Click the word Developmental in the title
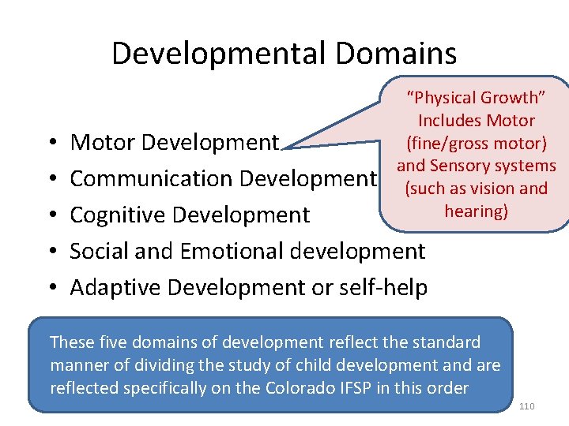tap(218, 54)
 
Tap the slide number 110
tap(527, 405)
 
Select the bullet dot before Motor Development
tap(51, 143)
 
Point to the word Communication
tap(151, 179)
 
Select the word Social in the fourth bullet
tap(97, 252)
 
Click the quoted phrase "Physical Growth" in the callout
tap(477, 98)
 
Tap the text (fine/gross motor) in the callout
tap(476, 144)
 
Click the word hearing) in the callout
tap(476, 211)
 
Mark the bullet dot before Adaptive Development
tap(51, 288)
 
